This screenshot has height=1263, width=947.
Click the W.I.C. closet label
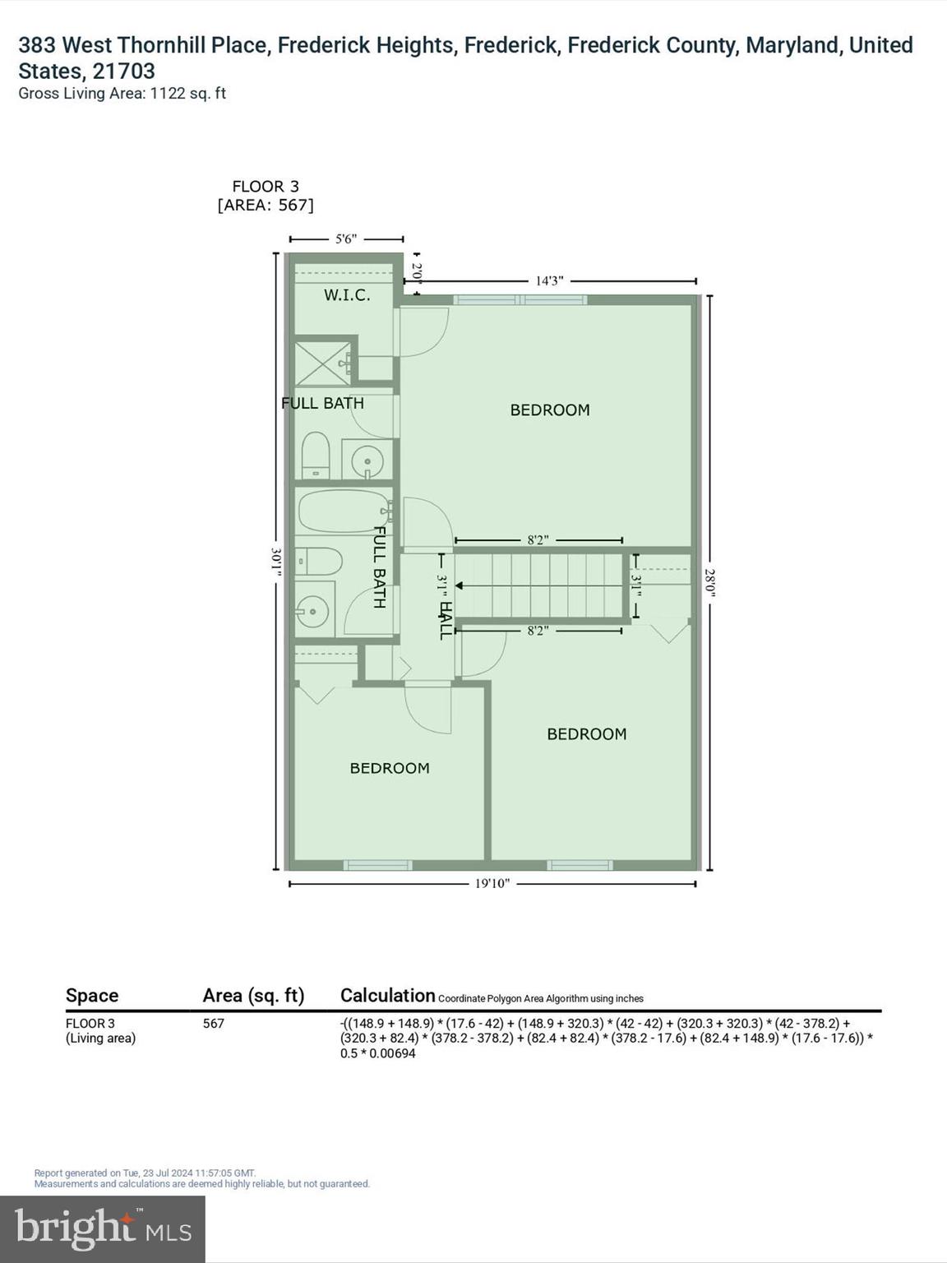(346, 295)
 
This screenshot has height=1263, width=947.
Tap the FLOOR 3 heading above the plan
(266, 187)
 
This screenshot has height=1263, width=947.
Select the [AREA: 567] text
(266, 206)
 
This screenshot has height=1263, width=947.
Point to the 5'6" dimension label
(346, 239)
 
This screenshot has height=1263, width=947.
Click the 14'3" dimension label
(549, 281)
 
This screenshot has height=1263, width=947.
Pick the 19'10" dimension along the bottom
(492, 884)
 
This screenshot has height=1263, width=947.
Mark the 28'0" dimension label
(710, 582)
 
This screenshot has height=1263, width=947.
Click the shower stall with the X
(322, 361)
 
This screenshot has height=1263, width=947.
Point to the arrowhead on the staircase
(460, 586)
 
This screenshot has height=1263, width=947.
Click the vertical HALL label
(445, 621)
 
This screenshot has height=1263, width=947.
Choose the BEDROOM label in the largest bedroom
(550, 410)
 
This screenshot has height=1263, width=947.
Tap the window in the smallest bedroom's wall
(377, 865)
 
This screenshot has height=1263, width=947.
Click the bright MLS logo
(103, 1229)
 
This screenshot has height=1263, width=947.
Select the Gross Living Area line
(122, 94)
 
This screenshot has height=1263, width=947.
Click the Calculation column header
(387, 996)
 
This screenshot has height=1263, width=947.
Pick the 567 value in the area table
(213, 1024)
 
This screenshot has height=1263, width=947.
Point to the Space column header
(92, 996)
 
